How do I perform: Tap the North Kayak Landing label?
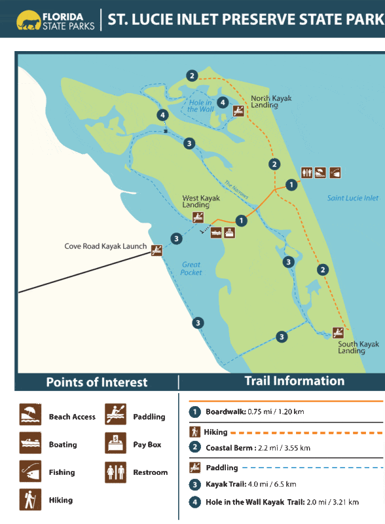271,102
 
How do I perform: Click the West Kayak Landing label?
200,201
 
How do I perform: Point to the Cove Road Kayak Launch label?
105,246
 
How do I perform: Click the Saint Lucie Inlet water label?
353,198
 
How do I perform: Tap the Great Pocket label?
191,268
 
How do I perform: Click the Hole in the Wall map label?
200,105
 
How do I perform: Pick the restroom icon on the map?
306,173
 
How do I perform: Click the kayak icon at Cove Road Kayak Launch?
157,250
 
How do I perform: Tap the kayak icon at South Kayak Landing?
338,332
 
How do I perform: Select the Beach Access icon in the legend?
30,415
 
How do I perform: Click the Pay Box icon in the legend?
115,443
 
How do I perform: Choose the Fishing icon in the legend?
30,471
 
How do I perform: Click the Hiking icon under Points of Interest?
30,499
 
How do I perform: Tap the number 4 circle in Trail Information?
194,502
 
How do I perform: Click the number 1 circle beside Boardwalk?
194,412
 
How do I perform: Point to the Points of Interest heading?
97,383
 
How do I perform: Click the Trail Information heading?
294,381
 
